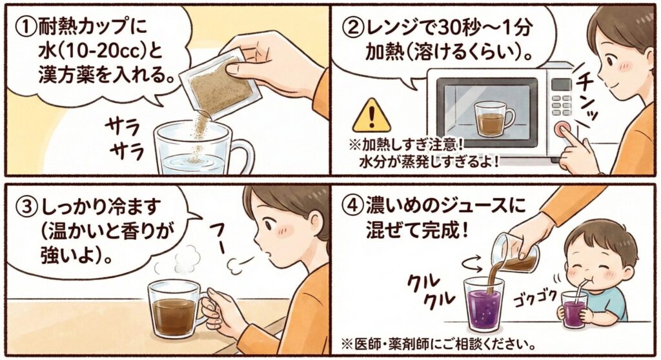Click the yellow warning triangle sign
[371, 115]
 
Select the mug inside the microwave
[494, 118]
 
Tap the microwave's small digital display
[561, 85]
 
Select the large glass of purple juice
[483, 303]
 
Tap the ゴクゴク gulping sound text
[535, 297]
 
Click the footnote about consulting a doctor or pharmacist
[438, 345]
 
